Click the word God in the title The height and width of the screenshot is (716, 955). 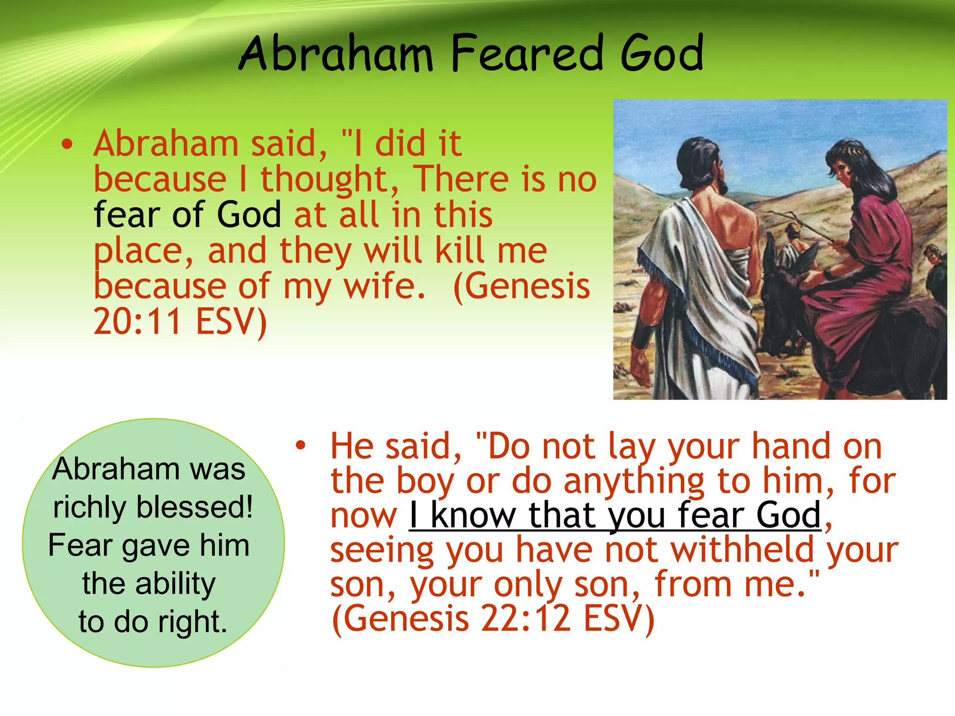662,54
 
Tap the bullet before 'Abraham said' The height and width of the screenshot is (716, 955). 68,145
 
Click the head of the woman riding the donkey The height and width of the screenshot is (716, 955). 849,163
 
